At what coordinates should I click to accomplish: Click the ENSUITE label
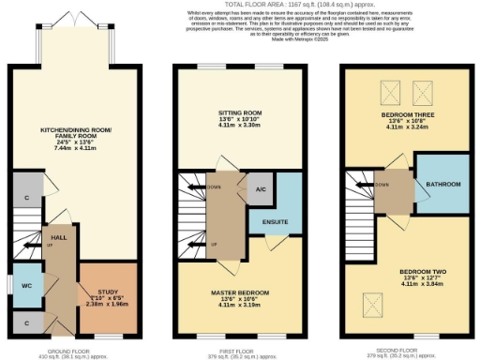tap(275, 222)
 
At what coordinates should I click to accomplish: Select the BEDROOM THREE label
tap(406, 113)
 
